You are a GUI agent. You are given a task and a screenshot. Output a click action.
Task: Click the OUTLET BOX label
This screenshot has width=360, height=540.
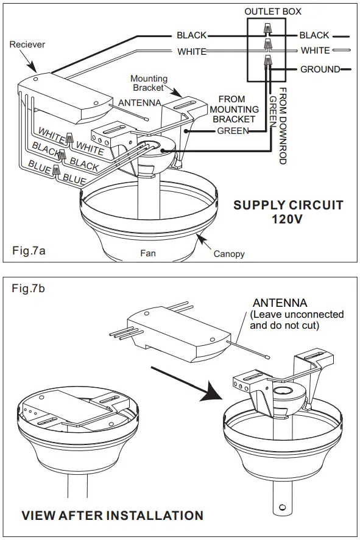[x=273, y=12]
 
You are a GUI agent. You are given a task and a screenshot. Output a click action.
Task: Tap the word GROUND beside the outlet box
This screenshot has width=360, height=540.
[x=320, y=69]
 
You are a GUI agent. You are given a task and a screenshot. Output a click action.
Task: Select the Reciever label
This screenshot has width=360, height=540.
[x=27, y=44]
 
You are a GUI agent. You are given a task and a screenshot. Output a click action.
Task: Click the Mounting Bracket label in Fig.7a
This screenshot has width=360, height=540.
[x=149, y=83]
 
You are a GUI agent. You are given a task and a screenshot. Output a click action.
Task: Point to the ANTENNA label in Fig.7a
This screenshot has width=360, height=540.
[x=139, y=103]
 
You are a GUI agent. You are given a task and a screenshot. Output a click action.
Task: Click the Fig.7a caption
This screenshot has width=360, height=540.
[x=29, y=250]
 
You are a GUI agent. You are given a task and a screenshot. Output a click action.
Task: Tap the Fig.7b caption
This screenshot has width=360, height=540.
[x=28, y=288]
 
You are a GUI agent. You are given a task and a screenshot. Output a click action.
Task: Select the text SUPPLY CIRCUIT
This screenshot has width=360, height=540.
[x=288, y=205]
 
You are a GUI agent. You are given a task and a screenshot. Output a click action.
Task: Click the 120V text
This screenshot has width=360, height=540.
[x=287, y=219]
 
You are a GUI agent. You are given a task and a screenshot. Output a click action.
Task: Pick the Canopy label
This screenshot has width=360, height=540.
[x=229, y=254]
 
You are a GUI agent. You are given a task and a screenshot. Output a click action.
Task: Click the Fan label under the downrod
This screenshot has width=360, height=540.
[x=148, y=253]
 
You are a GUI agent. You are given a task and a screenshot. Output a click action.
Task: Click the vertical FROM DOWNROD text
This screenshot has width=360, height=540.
[x=283, y=125]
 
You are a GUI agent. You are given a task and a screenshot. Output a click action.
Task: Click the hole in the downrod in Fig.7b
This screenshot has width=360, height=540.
[x=283, y=507]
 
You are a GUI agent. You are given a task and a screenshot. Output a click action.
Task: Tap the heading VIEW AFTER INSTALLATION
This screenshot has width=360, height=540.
[x=112, y=516]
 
